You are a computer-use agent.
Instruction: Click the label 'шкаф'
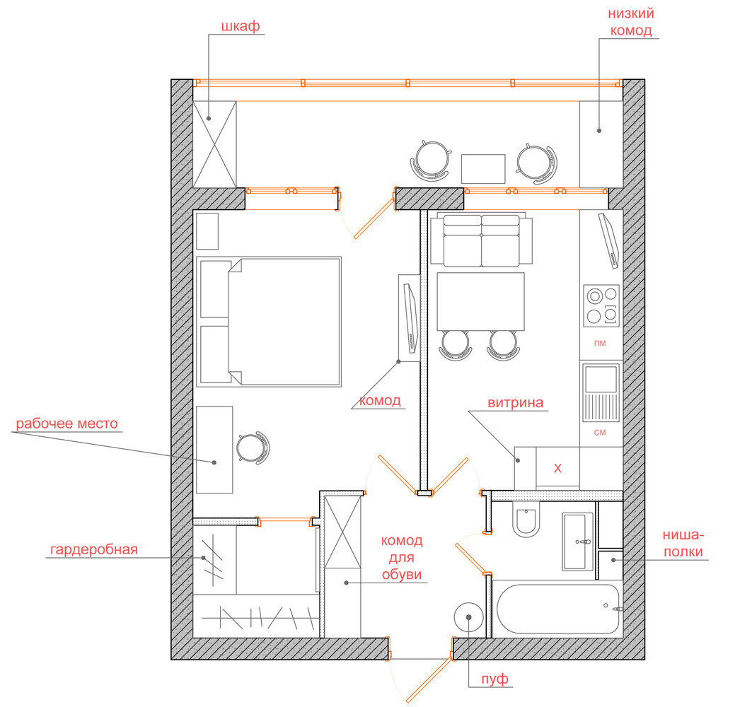[241, 26]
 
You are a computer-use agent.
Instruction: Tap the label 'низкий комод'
[631, 22]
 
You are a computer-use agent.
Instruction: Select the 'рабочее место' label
[67, 423]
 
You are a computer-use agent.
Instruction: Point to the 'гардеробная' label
[94, 549]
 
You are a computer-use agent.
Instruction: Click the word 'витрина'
[516, 403]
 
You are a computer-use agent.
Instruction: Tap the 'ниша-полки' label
[683, 543]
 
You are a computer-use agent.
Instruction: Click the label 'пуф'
[494, 679]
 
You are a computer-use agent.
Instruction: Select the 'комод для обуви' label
[402, 558]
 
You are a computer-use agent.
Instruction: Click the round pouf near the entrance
[469, 617]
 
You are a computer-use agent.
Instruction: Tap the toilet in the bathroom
[526, 520]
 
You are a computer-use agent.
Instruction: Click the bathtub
[558, 609]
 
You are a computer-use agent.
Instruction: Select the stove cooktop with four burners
[601, 305]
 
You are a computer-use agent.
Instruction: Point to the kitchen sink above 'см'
[601, 392]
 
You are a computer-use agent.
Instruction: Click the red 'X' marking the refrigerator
[558, 468]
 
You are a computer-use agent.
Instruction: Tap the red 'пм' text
[600, 344]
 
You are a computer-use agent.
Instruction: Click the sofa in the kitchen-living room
[482, 240]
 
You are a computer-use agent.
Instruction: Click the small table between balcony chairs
[483, 169]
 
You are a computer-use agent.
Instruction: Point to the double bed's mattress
[284, 322]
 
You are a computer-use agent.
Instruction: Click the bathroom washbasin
[578, 542]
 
